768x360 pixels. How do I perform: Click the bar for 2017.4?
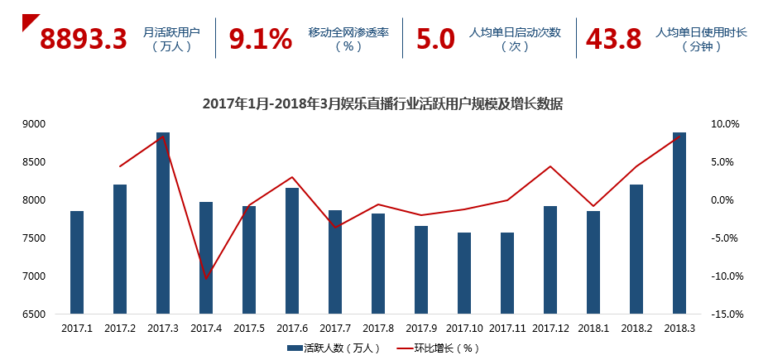(206, 257)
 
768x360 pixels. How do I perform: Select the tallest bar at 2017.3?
(163, 223)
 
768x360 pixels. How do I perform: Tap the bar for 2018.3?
(679, 223)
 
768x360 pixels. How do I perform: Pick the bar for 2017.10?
(464, 273)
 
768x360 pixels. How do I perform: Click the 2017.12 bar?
(550, 260)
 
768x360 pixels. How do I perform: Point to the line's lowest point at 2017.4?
(206, 278)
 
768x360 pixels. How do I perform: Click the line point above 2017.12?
(550, 166)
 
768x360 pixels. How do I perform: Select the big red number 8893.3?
(84, 38)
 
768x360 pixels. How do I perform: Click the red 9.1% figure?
(260, 38)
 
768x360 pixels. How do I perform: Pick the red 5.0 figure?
(435, 38)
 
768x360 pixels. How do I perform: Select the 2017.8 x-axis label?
(378, 329)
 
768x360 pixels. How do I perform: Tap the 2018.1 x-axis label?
(593, 329)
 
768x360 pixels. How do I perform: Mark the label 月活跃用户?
(171, 32)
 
